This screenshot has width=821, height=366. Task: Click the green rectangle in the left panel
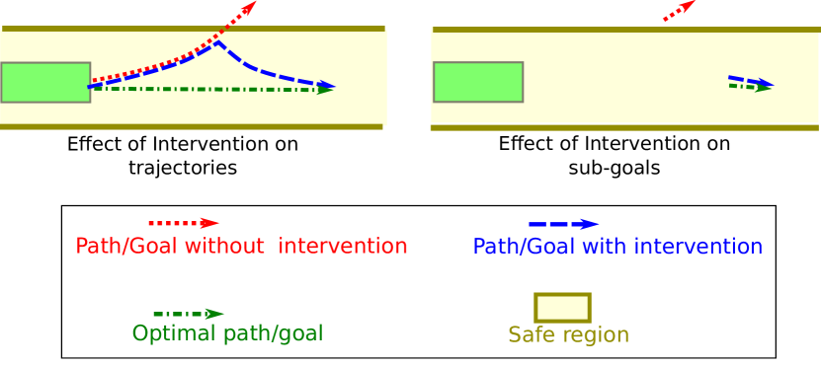pos(45,83)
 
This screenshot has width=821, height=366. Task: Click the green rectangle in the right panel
pos(478,82)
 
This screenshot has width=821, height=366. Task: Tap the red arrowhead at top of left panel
pos(248,8)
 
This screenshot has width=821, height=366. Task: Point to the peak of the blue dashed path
pos(216,41)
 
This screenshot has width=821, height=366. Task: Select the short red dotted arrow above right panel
pos(679,10)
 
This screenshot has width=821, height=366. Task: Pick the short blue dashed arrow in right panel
pos(750,80)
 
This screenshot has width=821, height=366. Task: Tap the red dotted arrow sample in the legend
pos(184,223)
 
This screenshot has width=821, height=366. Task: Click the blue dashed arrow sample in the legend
pos(563,224)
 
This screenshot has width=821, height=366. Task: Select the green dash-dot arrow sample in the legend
pos(189,315)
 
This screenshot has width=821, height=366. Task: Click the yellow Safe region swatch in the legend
pos(562,307)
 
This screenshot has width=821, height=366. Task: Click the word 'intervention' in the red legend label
pos(343,247)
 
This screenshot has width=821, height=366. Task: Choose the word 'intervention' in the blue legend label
pos(698,247)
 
